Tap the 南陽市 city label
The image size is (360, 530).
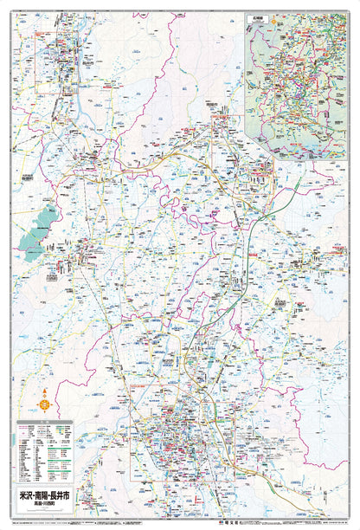(x=212, y=101)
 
